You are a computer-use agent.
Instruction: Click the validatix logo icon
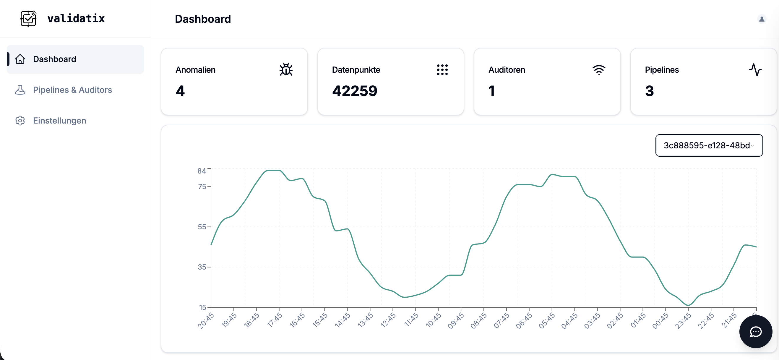pos(28,18)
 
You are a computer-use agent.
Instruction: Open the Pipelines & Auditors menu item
pos(72,90)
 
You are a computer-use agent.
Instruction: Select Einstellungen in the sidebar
pos(59,120)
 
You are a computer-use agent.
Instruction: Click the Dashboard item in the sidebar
pos(54,59)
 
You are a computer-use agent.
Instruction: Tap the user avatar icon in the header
pos(762,19)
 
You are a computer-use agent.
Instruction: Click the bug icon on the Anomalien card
pos(286,69)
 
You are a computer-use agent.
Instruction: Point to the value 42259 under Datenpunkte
pos(354,91)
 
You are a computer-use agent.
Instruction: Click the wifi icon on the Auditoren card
pos(598,69)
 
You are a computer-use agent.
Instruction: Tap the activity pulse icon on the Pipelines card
pos(755,69)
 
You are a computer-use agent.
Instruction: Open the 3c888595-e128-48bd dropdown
pos(709,145)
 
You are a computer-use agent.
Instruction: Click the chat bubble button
pos(755,332)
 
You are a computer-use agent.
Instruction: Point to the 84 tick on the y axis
pos(202,171)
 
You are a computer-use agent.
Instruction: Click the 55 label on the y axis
pos(202,227)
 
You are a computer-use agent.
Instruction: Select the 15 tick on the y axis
pos(202,307)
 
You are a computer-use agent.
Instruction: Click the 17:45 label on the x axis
pos(275,320)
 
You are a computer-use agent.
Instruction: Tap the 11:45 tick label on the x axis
pos(411,320)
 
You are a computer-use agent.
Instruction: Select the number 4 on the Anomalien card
pos(180,91)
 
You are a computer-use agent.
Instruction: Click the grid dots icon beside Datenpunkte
pos(442,69)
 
